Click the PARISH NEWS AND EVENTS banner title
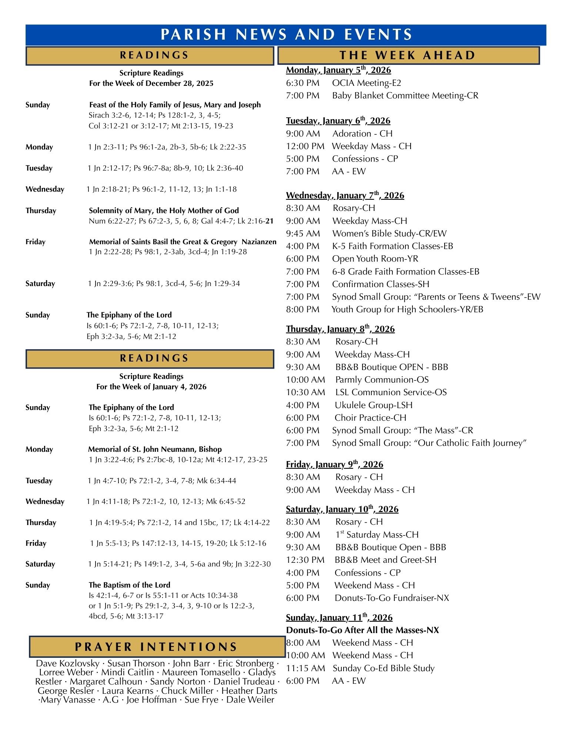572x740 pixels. point(286,34)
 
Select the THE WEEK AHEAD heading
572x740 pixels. point(408,55)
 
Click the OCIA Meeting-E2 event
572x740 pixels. point(367,83)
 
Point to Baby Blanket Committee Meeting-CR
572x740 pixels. point(405,95)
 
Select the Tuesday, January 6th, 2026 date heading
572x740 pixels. point(338,121)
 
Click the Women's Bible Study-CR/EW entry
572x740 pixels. point(389,233)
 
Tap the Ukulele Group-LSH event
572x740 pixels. point(373,405)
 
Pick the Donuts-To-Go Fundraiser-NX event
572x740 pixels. point(391,598)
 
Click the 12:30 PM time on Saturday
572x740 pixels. point(305,560)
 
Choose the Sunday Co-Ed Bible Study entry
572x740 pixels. point(383,668)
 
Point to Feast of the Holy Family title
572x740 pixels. point(175,105)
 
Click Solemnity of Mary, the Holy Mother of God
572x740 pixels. point(164,211)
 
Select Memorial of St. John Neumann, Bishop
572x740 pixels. point(155,449)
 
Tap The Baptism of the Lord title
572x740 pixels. point(129,585)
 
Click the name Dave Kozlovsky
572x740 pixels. point(68,663)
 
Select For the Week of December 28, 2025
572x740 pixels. point(151,83)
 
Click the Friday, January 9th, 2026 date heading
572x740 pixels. point(334,465)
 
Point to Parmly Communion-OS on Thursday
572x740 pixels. point(382,380)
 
